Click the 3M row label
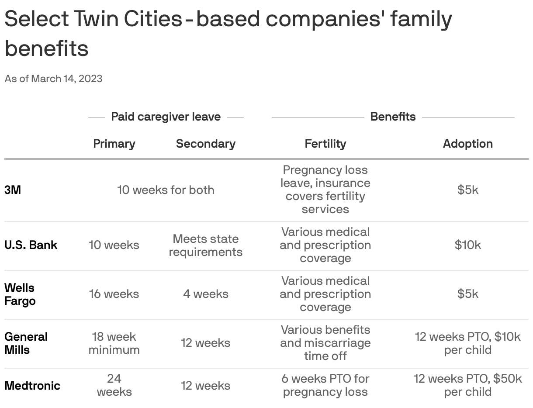(x=13, y=190)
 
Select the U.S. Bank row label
(x=31, y=245)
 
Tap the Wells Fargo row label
(x=20, y=294)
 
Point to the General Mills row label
(x=26, y=343)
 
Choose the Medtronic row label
(x=32, y=386)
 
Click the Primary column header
(x=114, y=144)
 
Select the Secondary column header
(x=205, y=144)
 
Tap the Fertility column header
(x=325, y=144)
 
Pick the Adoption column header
(x=467, y=144)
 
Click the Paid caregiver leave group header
(x=166, y=117)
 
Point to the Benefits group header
(x=393, y=117)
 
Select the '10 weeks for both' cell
(x=166, y=190)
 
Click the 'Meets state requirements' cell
(x=205, y=245)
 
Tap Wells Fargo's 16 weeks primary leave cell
(x=114, y=294)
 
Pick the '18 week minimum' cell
(x=114, y=343)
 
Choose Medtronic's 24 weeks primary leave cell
(x=114, y=385)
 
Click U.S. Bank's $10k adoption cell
(x=467, y=245)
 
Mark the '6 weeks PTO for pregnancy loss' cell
(x=325, y=385)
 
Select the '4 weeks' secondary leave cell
(x=205, y=294)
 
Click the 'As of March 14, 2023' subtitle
(x=53, y=79)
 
